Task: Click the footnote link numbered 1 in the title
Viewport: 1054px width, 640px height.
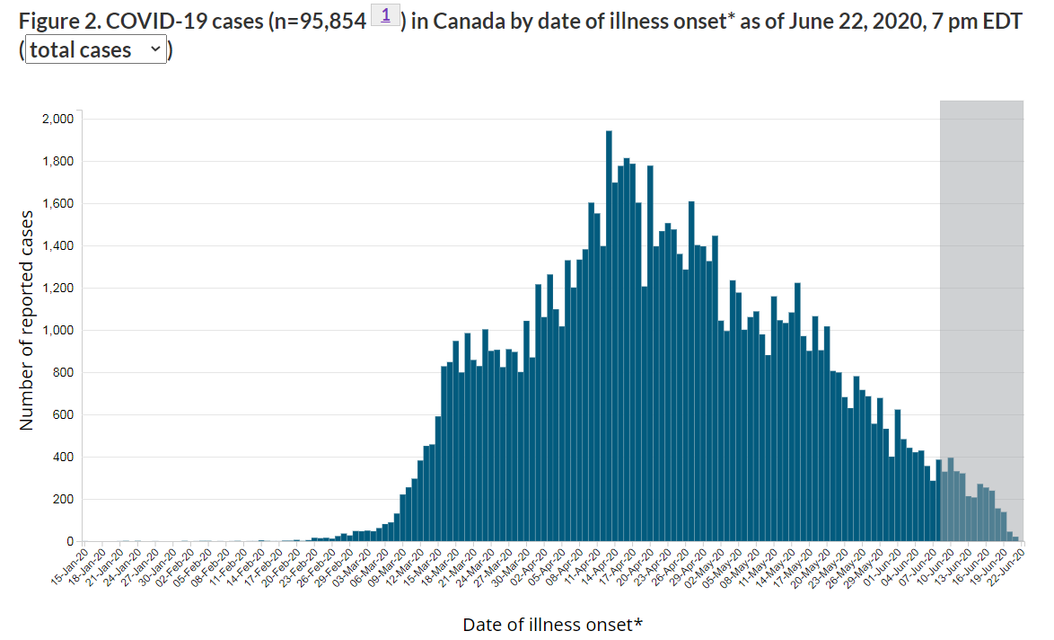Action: coord(385,15)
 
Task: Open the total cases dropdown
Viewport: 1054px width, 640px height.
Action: coord(96,50)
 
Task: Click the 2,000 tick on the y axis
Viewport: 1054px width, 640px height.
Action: coord(58,119)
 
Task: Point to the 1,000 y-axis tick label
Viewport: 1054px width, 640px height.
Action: coord(58,331)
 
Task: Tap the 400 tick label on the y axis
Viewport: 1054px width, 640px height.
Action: coord(64,458)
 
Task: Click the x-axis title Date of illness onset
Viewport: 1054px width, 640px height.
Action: coord(552,624)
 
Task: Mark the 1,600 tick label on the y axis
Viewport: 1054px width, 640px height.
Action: coord(58,204)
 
